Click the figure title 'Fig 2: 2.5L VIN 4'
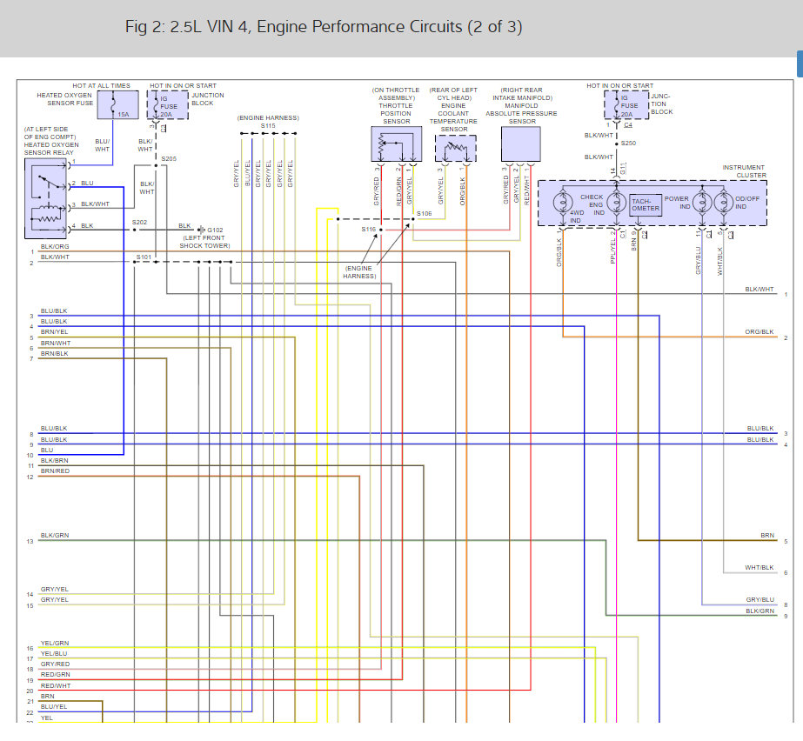click(x=324, y=27)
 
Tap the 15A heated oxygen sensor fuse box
click(x=113, y=105)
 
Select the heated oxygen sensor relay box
click(x=48, y=197)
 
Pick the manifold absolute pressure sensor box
click(x=520, y=144)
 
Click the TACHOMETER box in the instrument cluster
click(x=646, y=204)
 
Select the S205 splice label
click(x=169, y=158)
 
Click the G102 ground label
click(x=215, y=230)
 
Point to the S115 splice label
click(x=268, y=125)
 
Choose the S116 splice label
click(x=369, y=229)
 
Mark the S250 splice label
click(x=628, y=142)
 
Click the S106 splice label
click(x=425, y=213)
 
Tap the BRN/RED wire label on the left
click(x=55, y=471)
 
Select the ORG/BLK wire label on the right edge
click(x=760, y=332)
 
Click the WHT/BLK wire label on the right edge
click(x=760, y=567)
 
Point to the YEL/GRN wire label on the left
click(x=54, y=644)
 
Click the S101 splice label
click(x=144, y=257)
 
